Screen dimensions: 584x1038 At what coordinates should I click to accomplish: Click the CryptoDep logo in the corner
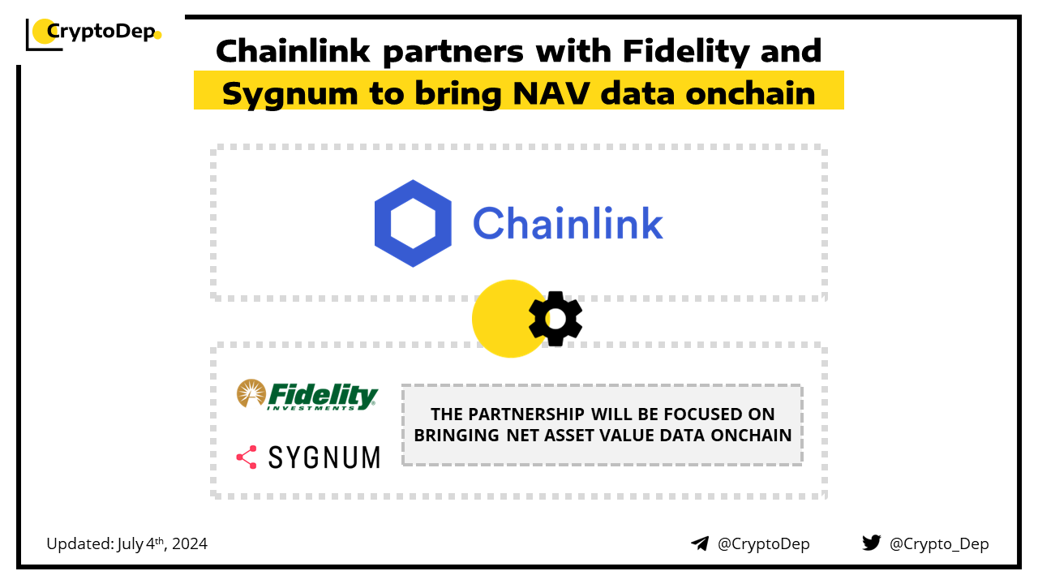[93, 33]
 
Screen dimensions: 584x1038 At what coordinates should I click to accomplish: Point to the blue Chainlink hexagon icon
[413, 224]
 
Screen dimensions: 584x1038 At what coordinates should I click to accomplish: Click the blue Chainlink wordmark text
[568, 224]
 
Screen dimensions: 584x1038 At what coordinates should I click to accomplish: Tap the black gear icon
[555, 319]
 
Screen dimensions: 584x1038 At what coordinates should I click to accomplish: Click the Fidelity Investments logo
[307, 395]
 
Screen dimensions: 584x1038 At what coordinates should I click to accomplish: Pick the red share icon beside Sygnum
[247, 457]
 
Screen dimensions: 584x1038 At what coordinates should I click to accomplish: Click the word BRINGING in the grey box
[456, 435]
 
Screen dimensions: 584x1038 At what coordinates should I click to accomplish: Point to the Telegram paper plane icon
[700, 543]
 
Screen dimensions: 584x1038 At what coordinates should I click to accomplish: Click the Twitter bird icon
[871, 543]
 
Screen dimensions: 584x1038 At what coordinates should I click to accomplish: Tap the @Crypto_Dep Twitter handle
[939, 543]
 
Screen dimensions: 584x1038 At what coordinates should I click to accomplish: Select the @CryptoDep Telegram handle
[763, 543]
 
